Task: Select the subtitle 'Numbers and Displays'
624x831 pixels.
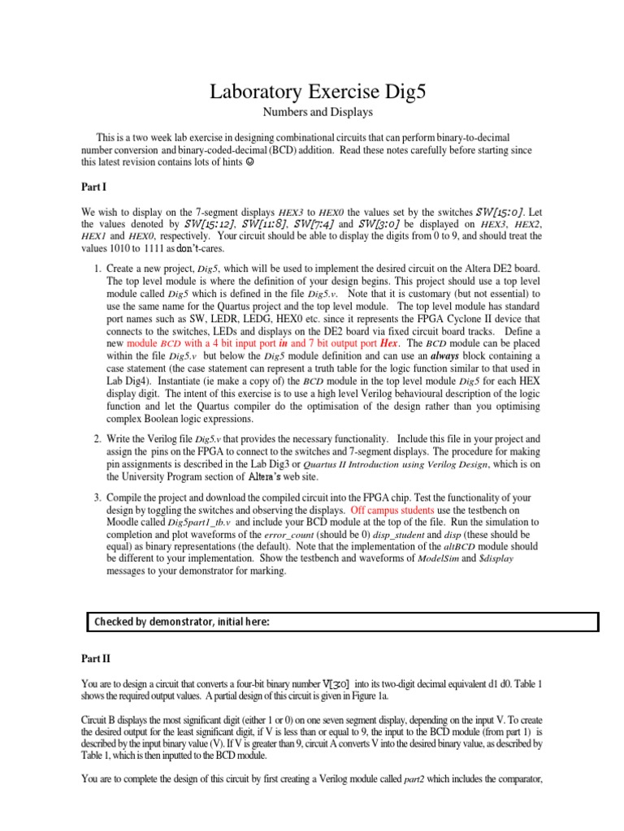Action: [x=312, y=112]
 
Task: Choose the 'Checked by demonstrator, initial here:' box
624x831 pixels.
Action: [x=342, y=622]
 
